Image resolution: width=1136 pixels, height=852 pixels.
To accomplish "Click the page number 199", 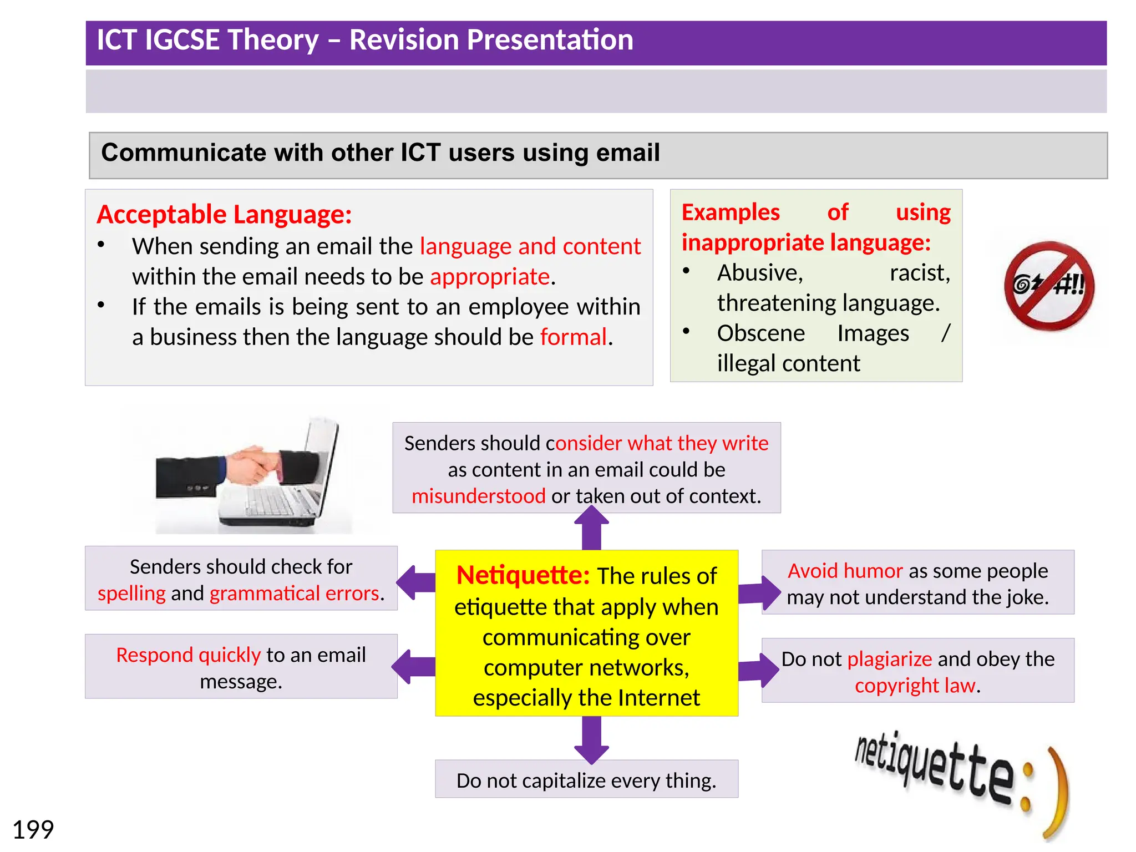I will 33,830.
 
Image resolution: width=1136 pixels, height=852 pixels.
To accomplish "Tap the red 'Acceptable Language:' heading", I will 224,214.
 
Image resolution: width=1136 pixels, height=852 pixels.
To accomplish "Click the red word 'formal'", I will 573,337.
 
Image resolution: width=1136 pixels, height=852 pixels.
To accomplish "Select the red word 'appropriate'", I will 490,276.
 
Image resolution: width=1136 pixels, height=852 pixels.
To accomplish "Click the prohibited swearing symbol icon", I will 1048,286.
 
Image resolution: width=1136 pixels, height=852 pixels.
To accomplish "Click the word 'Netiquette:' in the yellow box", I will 523,575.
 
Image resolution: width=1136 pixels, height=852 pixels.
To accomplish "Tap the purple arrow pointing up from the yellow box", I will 591,530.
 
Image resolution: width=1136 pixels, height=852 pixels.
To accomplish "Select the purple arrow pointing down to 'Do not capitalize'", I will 591,739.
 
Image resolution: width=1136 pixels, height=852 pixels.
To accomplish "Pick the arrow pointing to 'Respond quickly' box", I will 414,666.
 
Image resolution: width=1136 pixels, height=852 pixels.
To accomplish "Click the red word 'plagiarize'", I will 889,659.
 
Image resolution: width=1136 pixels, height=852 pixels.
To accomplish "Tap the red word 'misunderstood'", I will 478,496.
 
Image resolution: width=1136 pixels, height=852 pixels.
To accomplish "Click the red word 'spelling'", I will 131,594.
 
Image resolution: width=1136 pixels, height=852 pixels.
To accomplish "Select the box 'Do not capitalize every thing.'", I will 586,779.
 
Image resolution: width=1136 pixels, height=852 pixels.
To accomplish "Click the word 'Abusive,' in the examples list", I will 759,273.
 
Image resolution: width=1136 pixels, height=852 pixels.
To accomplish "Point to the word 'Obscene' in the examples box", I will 760,333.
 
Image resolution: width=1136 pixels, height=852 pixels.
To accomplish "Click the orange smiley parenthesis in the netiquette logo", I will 1056,793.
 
